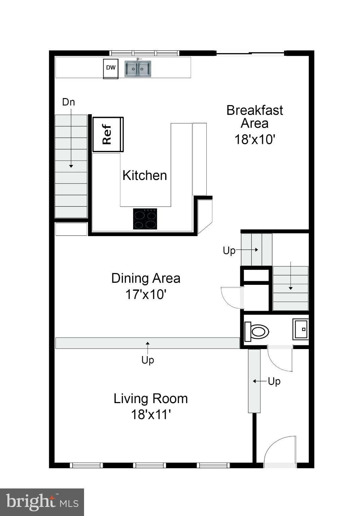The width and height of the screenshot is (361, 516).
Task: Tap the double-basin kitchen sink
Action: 138,69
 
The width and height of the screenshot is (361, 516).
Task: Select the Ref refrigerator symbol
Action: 108,134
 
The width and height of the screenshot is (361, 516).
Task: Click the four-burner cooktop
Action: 145,219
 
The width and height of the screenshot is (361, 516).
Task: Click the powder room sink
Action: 300,329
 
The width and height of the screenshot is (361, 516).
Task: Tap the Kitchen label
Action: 145,175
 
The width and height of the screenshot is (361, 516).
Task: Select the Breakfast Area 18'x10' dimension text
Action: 255,139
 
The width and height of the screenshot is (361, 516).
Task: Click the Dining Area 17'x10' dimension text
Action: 146,294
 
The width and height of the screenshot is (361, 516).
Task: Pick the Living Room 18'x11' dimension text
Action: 151,415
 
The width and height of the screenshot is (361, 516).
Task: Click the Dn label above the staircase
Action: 69,102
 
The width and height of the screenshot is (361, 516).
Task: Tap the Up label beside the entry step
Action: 274,381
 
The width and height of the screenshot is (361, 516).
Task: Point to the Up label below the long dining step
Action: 148,360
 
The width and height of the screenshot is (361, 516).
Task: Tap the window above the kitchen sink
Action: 144,53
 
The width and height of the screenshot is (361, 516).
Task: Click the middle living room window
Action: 150,465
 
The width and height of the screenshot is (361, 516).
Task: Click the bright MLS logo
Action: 42,502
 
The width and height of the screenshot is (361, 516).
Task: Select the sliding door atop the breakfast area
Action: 250,53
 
